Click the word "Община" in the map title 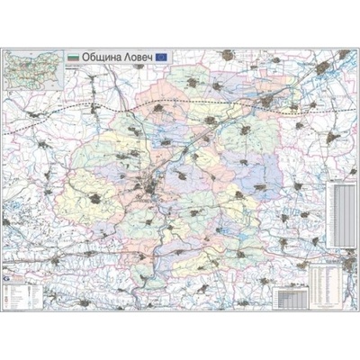99,57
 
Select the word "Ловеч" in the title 136,57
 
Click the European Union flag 162,57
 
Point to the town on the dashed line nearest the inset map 35,114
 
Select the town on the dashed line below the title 157,109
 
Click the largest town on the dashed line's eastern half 267,102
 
